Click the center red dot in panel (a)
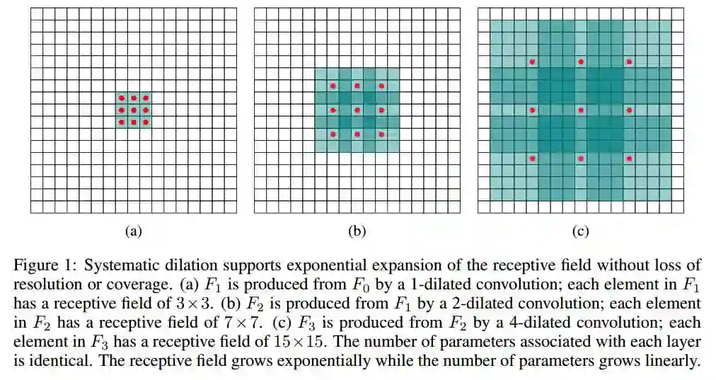(x=133, y=110)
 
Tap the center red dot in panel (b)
(x=357, y=110)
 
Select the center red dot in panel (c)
(x=581, y=110)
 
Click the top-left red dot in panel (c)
(x=532, y=62)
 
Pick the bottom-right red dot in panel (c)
(x=629, y=158)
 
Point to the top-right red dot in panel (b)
(x=381, y=86)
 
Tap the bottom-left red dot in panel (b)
(x=333, y=134)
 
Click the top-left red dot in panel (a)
(x=121, y=98)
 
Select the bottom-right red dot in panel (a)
(x=145, y=122)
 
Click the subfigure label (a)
(x=134, y=231)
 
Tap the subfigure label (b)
(x=357, y=231)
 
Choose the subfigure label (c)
(x=581, y=231)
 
